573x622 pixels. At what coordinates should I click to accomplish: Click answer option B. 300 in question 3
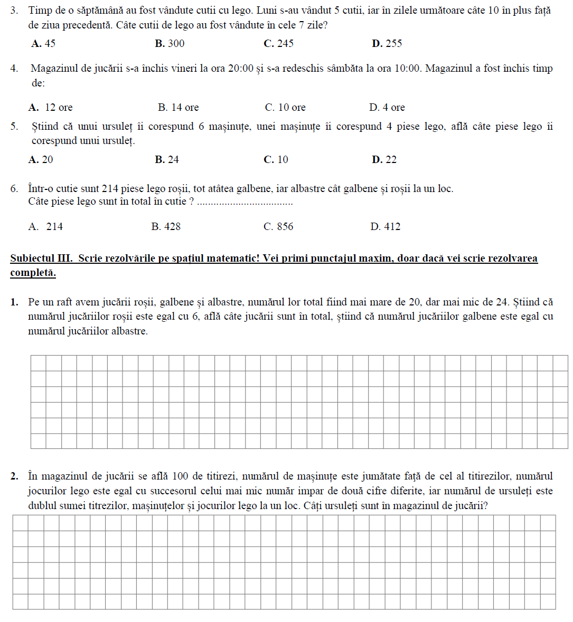click(x=170, y=44)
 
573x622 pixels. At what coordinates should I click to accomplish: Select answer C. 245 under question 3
click(x=278, y=44)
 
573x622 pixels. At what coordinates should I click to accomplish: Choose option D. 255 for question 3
click(x=387, y=44)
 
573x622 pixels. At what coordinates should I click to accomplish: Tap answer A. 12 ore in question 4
click(x=51, y=108)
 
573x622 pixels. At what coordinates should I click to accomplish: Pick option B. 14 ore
click(x=179, y=108)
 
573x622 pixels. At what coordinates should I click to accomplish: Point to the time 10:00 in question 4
click(x=407, y=69)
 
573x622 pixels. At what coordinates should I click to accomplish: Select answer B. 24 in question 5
click(x=167, y=160)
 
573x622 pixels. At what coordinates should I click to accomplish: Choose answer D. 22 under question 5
click(x=384, y=160)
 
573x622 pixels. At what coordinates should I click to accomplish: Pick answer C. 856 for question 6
click(x=278, y=227)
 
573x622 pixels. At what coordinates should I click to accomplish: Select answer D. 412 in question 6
click(x=386, y=227)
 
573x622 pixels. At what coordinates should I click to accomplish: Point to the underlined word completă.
click(x=33, y=273)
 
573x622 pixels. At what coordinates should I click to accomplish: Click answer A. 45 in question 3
click(x=43, y=44)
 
